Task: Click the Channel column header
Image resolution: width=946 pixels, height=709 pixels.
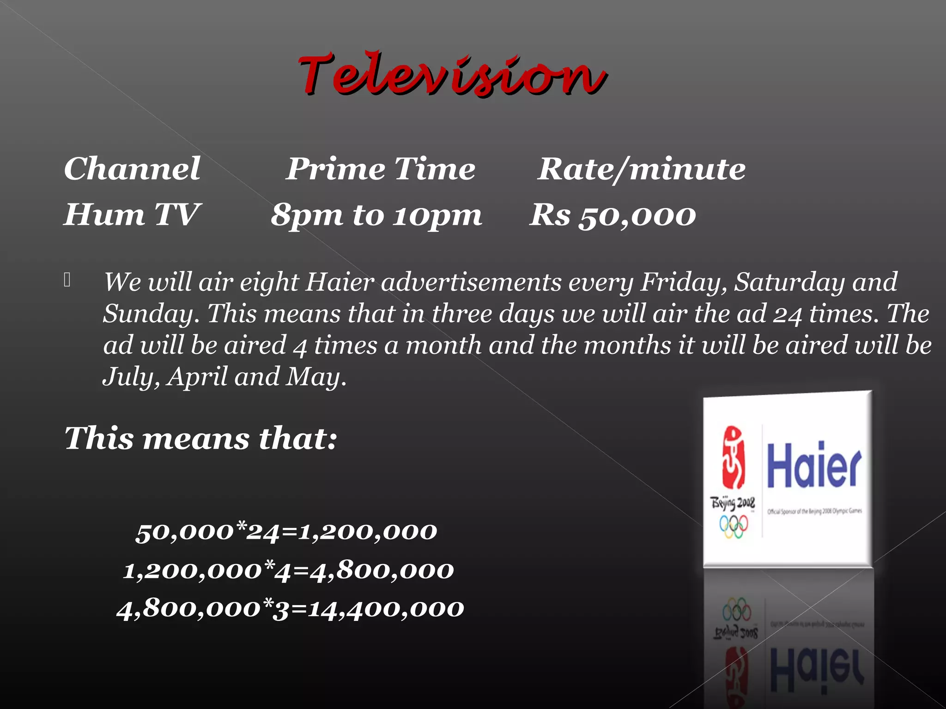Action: click(x=132, y=168)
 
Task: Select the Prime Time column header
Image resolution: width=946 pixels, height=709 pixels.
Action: click(x=381, y=168)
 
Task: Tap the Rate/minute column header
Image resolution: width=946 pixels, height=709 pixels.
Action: click(x=642, y=169)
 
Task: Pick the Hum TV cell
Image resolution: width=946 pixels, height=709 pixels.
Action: click(x=132, y=215)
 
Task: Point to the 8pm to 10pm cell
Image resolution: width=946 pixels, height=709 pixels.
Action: click(x=376, y=216)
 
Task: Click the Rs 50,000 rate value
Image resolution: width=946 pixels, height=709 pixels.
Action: click(x=612, y=216)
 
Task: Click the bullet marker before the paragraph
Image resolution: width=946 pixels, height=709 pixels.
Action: click(x=67, y=280)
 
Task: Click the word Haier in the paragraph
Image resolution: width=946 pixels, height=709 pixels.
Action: click(x=340, y=282)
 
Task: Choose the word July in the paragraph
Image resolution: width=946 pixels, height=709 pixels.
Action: click(x=130, y=377)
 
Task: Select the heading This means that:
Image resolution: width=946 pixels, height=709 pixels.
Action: click(x=201, y=438)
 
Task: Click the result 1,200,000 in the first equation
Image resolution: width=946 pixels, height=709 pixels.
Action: click(x=368, y=532)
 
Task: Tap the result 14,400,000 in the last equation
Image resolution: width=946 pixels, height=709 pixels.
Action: click(x=386, y=609)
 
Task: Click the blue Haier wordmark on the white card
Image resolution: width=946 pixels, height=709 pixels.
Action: click(x=814, y=465)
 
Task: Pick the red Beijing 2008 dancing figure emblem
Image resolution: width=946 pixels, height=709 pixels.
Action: click(x=733, y=457)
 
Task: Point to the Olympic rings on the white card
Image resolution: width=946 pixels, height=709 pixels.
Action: click(x=734, y=526)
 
